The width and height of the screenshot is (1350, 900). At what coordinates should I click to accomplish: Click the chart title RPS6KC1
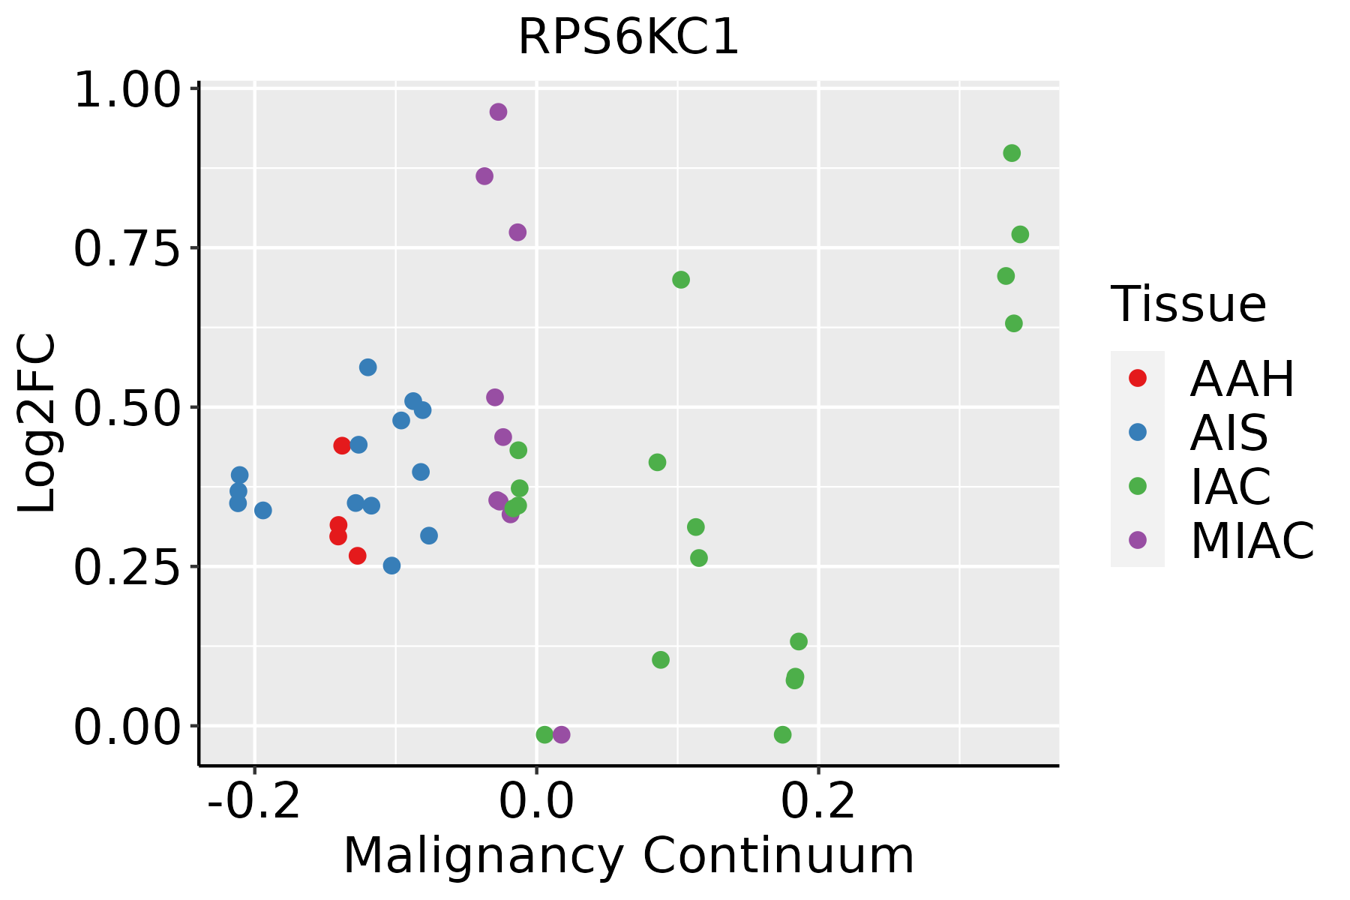tap(628, 37)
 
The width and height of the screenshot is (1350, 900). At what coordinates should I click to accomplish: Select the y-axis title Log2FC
tap(37, 424)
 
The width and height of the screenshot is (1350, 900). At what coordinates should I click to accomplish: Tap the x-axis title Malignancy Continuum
tap(628, 856)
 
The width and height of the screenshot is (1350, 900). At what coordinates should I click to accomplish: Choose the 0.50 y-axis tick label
tap(127, 409)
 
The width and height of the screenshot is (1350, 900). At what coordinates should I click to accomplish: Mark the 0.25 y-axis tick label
tap(127, 568)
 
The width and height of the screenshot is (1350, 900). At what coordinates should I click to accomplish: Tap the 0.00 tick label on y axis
tap(127, 727)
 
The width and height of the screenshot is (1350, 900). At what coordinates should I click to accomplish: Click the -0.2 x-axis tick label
tap(254, 801)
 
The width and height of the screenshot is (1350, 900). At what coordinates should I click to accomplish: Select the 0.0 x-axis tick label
tap(536, 801)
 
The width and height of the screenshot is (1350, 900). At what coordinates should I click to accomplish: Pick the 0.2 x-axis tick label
tap(818, 801)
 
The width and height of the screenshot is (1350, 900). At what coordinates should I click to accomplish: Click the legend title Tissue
tap(1189, 304)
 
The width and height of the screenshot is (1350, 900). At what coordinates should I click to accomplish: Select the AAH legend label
tap(1242, 379)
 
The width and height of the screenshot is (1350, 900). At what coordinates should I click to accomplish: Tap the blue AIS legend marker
tap(1138, 432)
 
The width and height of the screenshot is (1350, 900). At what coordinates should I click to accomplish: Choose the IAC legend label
tap(1231, 486)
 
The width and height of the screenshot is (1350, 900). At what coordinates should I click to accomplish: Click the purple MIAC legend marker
tap(1138, 540)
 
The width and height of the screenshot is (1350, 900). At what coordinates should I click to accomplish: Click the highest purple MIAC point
tap(498, 112)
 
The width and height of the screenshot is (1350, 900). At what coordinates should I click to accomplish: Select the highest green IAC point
tap(1012, 153)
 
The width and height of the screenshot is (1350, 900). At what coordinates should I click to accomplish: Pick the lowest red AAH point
tap(358, 556)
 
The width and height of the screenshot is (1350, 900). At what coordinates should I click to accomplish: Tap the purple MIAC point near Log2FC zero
tap(562, 734)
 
